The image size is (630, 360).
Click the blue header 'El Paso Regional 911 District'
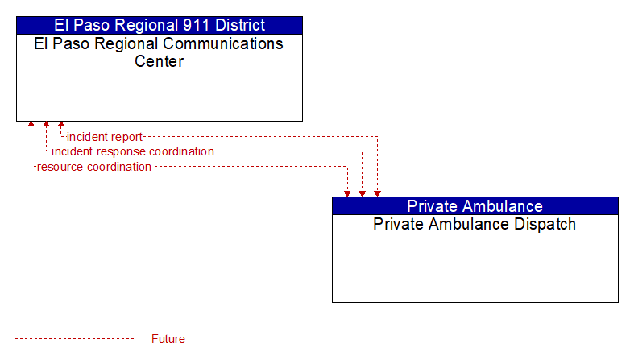(x=160, y=25)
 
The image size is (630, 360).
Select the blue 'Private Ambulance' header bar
(x=475, y=206)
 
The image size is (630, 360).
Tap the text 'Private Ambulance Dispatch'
(x=475, y=224)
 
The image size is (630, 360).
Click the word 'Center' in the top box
(x=159, y=61)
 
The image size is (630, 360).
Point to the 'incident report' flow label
(x=105, y=137)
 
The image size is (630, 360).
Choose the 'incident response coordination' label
(x=133, y=151)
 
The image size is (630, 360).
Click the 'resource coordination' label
(x=94, y=167)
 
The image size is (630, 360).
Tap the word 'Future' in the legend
(x=168, y=339)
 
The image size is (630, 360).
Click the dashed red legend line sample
(x=74, y=339)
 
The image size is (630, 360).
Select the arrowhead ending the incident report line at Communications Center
(x=61, y=125)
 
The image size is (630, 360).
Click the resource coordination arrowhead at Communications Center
(x=31, y=125)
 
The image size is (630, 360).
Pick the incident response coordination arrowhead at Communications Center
(x=46, y=125)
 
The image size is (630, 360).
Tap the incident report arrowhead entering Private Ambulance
(x=377, y=193)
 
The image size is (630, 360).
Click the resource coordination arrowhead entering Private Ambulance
(x=347, y=193)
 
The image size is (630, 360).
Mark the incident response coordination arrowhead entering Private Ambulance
(x=363, y=193)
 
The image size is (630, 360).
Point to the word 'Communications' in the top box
(x=223, y=43)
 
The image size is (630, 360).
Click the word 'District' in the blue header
(x=240, y=25)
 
